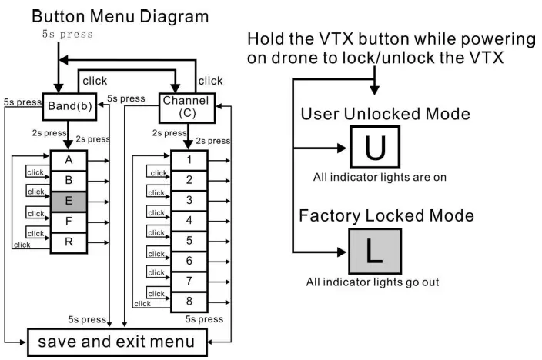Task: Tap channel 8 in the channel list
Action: click(189, 302)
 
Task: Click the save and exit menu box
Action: click(117, 341)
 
